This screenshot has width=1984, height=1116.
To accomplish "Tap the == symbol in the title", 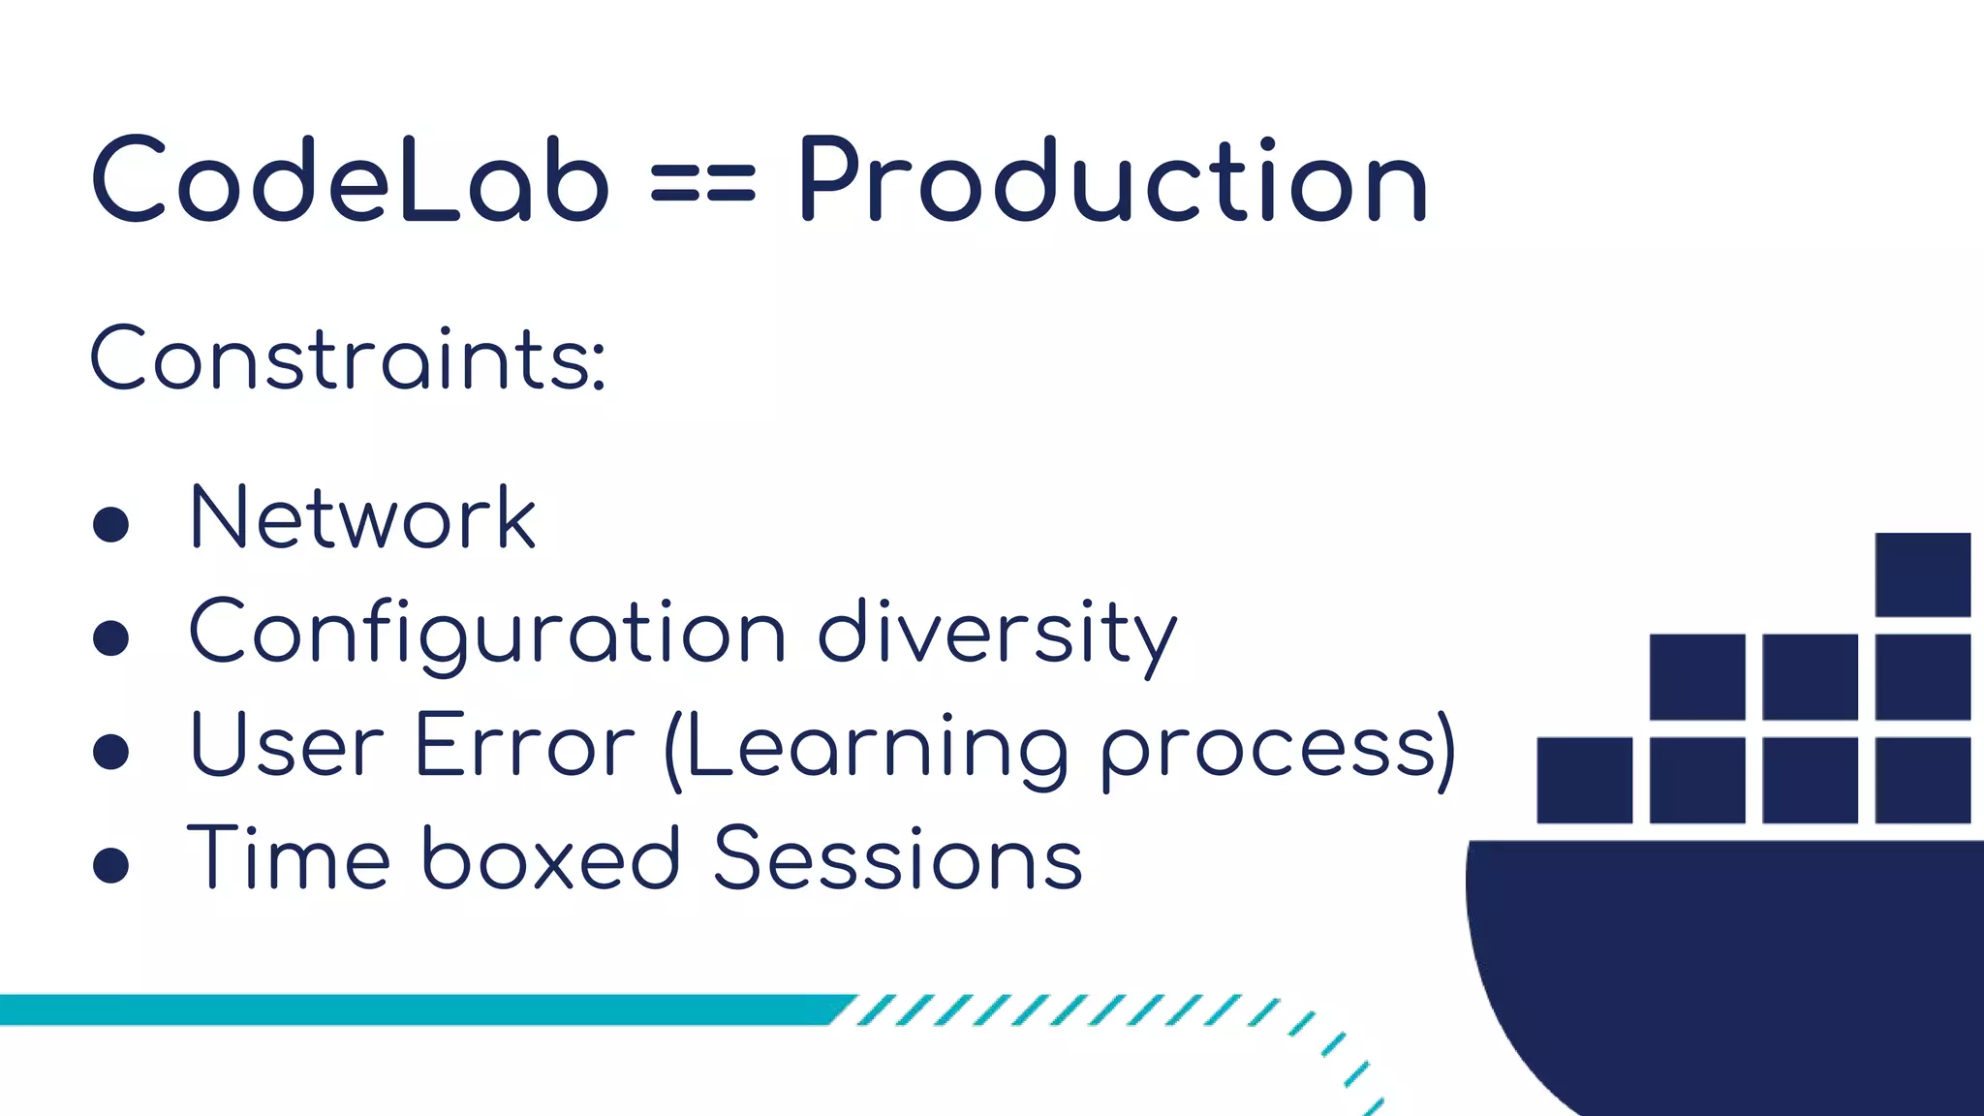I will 702,183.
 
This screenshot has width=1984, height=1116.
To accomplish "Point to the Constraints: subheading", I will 349,359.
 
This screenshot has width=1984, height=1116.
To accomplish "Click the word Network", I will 362,518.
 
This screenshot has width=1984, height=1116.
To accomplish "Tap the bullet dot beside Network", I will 111,524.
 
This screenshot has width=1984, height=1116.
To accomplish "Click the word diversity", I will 998,635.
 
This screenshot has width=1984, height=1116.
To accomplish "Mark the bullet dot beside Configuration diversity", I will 111,638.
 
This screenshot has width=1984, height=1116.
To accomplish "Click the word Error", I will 524,746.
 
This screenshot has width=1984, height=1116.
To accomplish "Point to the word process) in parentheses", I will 1279,751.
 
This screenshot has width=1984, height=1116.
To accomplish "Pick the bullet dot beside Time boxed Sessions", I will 111,865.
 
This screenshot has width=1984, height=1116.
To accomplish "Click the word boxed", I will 551,858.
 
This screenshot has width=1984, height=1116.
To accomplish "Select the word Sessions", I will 898,858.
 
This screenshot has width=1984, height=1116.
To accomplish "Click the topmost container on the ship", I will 1923,574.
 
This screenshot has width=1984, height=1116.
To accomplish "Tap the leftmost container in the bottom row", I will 1585,780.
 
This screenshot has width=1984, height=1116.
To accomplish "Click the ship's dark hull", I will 1724,959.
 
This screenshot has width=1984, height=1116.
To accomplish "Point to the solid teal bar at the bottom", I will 417,1009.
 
